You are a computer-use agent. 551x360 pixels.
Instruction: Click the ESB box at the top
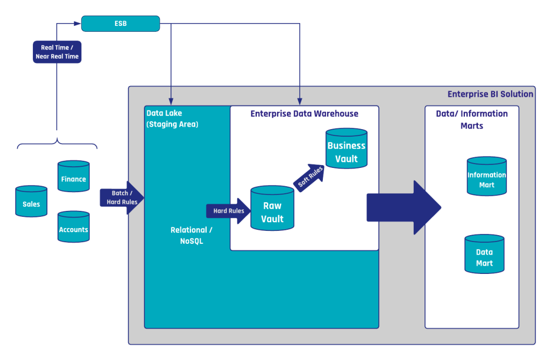point(121,23)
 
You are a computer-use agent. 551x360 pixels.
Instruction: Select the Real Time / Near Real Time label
point(57,52)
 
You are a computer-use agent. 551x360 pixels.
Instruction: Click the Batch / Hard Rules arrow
point(122,197)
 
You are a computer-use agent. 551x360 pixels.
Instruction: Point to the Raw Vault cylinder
point(272,209)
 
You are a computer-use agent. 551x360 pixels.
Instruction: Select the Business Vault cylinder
point(347,149)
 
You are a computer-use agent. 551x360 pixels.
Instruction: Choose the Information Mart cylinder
point(486,177)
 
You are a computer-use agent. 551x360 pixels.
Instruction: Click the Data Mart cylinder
point(484,255)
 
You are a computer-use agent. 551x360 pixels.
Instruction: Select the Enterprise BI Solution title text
point(490,94)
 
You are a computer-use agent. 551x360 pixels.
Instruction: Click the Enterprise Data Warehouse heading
point(304,114)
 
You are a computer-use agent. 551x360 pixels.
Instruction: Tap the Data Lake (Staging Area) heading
point(172,118)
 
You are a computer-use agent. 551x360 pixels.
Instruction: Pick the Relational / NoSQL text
point(191,236)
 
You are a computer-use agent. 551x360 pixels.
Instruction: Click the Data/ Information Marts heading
point(472,119)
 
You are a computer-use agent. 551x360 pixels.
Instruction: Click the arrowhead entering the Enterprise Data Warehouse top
point(300,101)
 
